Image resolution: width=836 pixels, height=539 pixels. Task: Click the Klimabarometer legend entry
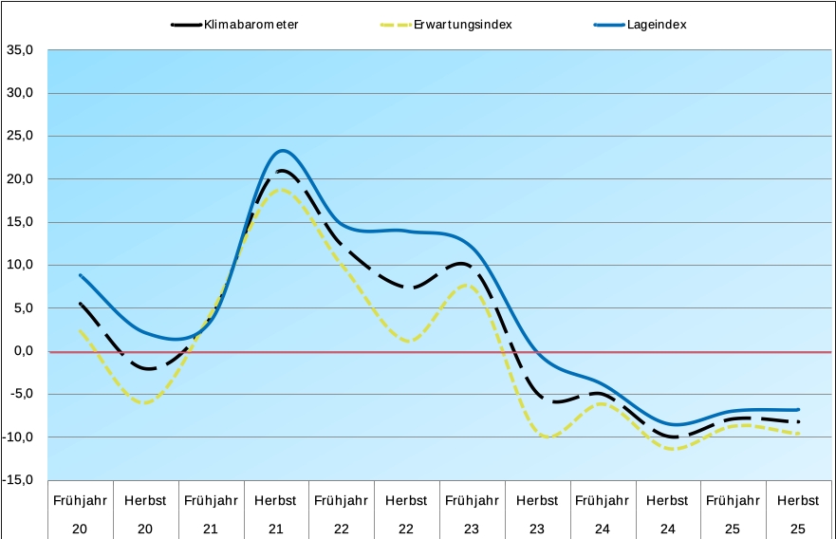tap(250, 25)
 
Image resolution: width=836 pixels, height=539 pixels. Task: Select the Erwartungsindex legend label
tap(462, 25)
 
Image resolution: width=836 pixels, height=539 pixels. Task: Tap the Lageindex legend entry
tap(656, 25)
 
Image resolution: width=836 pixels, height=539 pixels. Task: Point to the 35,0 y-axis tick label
tap(20, 49)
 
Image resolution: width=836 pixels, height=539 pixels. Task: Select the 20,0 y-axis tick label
tap(20, 178)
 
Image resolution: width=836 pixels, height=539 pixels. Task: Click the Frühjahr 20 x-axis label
tap(80, 513)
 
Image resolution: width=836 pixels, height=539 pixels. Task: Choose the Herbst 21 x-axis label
tap(275, 513)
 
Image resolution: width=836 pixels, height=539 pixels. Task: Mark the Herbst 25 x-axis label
tap(797, 513)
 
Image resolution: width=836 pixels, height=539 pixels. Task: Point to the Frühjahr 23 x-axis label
tap(472, 513)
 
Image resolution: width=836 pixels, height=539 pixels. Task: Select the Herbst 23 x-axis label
tap(537, 513)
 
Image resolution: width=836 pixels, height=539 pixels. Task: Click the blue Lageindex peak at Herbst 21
tap(282, 150)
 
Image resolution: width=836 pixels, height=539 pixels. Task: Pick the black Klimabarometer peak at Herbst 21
tap(281, 171)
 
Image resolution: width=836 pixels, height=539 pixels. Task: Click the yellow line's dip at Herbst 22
tap(407, 341)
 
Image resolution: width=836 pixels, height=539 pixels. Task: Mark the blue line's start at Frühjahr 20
tap(81, 275)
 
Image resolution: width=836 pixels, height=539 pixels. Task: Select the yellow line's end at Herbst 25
tap(799, 434)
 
